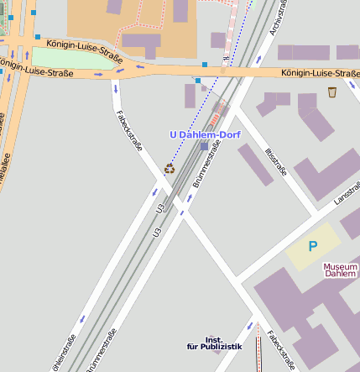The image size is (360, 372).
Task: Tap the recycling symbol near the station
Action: click(170, 168)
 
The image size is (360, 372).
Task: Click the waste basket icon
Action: click(332, 92)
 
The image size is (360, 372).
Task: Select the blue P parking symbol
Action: click(313, 246)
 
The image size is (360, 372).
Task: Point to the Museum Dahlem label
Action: click(341, 270)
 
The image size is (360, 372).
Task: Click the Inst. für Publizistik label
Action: click(214, 343)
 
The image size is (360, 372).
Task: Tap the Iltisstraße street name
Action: click(275, 160)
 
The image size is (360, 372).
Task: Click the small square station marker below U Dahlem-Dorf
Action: click(204, 146)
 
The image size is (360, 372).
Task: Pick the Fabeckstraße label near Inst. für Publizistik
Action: click(279, 348)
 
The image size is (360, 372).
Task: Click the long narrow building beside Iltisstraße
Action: click(255, 165)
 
